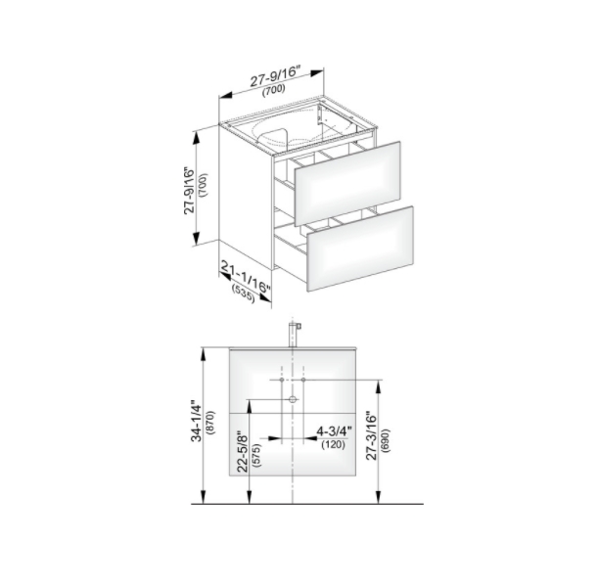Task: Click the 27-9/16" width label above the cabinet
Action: pyautogui.click(x=275, y=76)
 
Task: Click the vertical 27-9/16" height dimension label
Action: pyautogui.click(x=190, y=191)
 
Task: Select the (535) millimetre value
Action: pyautogui.click(x=243, y=293)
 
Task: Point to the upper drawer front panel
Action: pyautogui.click(x=347, y=183)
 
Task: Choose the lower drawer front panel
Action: pyautogui.click(x=360, y=248)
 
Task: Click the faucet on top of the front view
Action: pyautogui.click(x=294, y=335)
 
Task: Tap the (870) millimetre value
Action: pyautogui.click(x=210, y=422)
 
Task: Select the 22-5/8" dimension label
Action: pyautogui.click(x=242, y=452)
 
